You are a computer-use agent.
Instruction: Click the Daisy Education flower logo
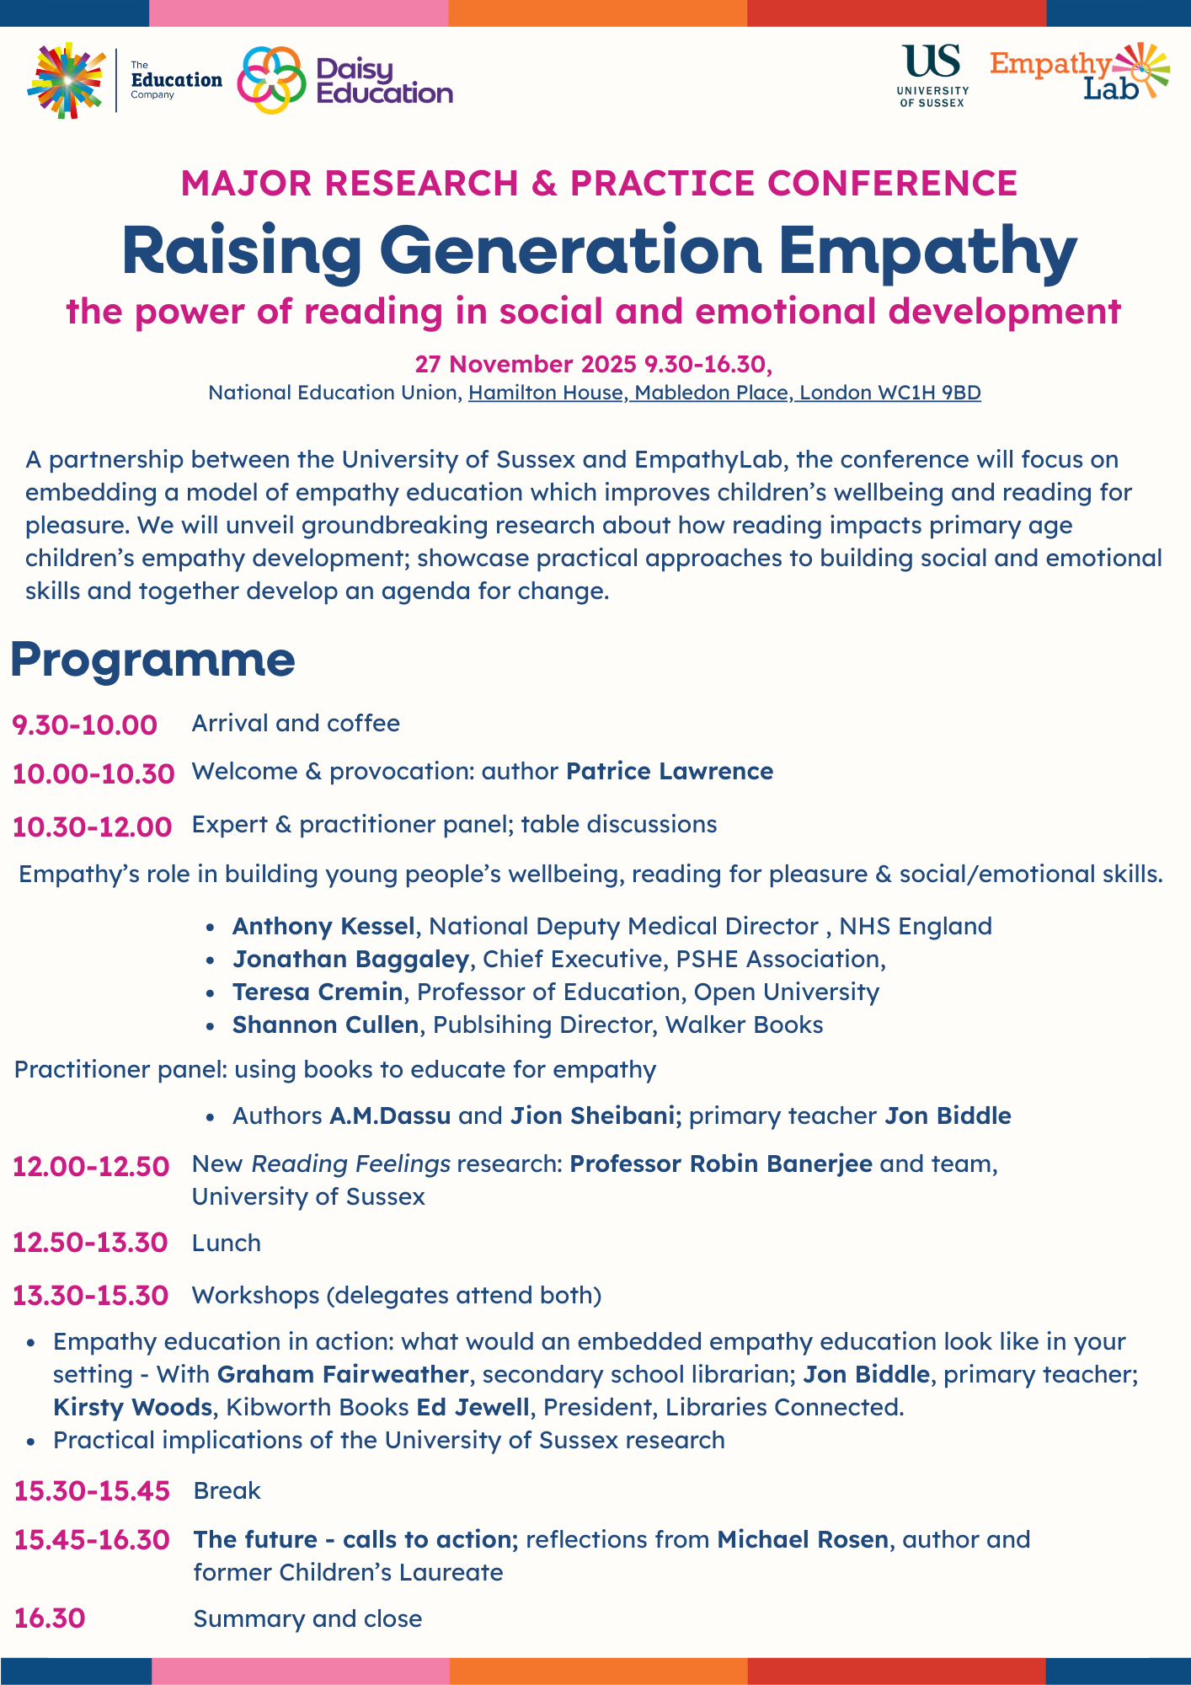click(271, 80)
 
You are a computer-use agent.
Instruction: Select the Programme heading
click(152, 660)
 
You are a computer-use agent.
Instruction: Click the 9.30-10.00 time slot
click(84, 725)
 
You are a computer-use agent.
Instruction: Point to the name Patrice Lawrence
click(670, 772)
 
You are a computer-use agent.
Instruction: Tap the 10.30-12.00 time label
click(92, 826)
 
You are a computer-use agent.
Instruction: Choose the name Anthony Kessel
click(323, 926)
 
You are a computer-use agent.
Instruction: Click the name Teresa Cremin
click(318, 992)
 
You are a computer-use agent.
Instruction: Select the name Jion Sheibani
click(592, 1115)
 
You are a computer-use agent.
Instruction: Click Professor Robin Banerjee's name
click(721, 1163)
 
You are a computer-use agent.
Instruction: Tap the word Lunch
click(227, 1243)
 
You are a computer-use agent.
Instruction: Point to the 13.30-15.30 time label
click(90, 1295)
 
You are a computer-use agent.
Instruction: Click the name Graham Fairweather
click(343, 1374)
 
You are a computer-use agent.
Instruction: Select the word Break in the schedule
click(227, 1490)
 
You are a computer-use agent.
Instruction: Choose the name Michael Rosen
click(803, 1539)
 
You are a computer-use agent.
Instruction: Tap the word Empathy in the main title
click(927, 250)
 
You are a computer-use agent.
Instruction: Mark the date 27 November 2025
click(525, 364)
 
